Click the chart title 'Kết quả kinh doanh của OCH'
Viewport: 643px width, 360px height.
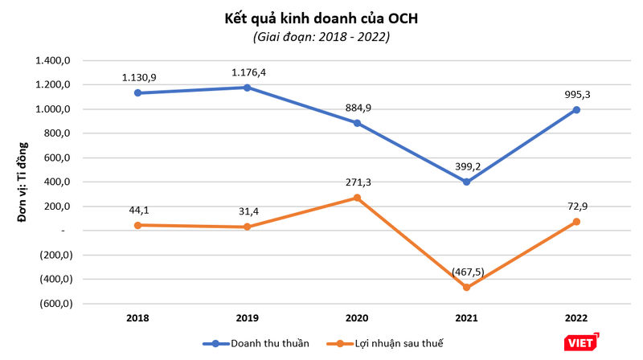(321, 18)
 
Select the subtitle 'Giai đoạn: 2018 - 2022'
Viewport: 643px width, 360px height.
(321, 37)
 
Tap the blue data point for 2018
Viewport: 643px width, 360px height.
(137, 93)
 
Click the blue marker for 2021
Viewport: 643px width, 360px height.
(466, 182)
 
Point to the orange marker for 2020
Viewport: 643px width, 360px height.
(357, 198)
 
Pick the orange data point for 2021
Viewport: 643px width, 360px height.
(466, 287)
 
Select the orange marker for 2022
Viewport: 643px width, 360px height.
(576, 222)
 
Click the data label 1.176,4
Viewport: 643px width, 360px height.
(248, 72)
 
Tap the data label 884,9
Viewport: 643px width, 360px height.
(357, 108)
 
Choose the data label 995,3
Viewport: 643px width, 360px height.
(576, 95)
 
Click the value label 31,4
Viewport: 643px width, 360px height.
(248, 212)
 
